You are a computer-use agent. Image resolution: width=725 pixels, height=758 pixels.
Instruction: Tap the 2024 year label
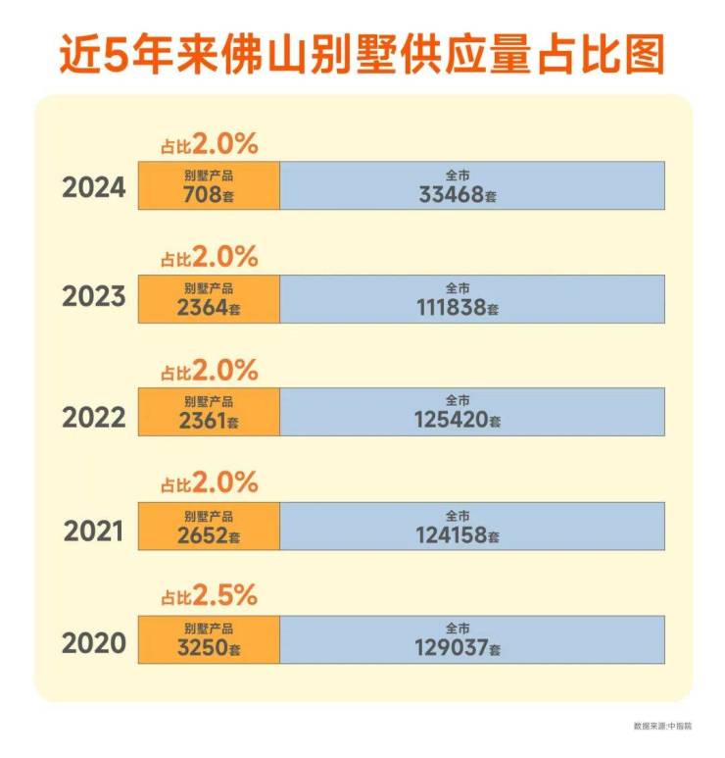(94, 186)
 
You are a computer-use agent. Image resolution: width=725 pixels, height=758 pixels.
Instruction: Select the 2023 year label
(94, 297)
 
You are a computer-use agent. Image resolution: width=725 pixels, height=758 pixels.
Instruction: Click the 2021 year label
(95, 531)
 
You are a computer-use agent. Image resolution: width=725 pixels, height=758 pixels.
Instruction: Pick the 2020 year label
(94, 643)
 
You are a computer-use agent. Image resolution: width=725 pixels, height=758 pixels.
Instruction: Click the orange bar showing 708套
(209, 185)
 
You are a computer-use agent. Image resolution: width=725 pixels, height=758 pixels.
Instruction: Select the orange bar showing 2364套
(209, 299)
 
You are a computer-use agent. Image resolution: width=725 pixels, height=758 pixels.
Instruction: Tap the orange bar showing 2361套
(209, 412)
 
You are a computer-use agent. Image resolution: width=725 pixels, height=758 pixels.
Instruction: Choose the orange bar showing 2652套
(209, 527)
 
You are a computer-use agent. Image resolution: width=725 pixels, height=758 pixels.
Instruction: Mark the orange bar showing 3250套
(209, 639)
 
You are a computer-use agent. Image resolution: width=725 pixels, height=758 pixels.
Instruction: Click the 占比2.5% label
(209, 595)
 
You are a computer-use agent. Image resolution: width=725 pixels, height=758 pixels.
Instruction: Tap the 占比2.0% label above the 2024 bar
(209, 145)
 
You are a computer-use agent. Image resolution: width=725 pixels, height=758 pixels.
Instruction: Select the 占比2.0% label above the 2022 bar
(209, 371)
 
